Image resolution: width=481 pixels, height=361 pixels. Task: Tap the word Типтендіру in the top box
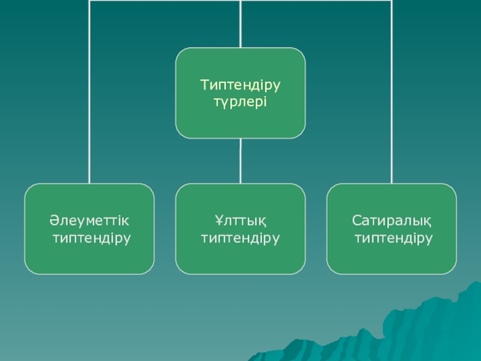(x=240, y=85)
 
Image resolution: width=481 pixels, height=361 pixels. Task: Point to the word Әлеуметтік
(x=89, y=221)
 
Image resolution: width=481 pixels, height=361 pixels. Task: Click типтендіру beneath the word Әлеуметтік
(x=92, y=238)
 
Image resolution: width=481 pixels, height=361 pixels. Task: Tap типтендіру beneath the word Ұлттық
(x=240, y=238)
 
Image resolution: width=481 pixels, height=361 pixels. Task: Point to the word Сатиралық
(x=391, y=221)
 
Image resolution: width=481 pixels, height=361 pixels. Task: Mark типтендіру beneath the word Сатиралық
(x=394, y=238)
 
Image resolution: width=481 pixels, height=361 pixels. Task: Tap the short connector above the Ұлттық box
(x=240, y=161)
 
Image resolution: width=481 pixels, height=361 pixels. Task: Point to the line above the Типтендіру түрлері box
(x=240, y=24)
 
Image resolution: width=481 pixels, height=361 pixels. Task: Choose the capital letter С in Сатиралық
(x=356, y=220)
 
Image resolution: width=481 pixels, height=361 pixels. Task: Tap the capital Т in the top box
(x=204, y=85)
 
